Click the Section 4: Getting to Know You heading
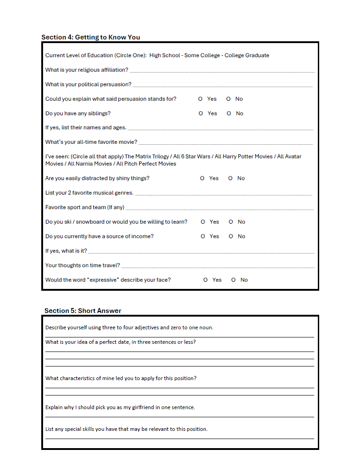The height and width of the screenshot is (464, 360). pos(91,37)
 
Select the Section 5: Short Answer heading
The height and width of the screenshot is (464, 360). pos(83,311)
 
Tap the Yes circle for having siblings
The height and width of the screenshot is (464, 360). pos(201,113)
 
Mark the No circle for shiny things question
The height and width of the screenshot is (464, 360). pos(230,178)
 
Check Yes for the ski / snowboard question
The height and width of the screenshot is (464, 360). pos(203,222)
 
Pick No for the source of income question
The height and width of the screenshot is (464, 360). pos(231,236)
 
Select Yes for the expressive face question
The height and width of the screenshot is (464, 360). pos(206,280)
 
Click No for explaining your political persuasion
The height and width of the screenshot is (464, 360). pos(229,99)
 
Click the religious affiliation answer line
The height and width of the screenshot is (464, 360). pos(222,71)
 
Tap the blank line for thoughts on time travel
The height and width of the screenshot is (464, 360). pos(218,267)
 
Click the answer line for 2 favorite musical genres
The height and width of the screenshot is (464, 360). pos(224,195)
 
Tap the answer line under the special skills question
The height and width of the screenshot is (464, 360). pos(180,438)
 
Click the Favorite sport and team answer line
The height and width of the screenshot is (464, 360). pos(219,209)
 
